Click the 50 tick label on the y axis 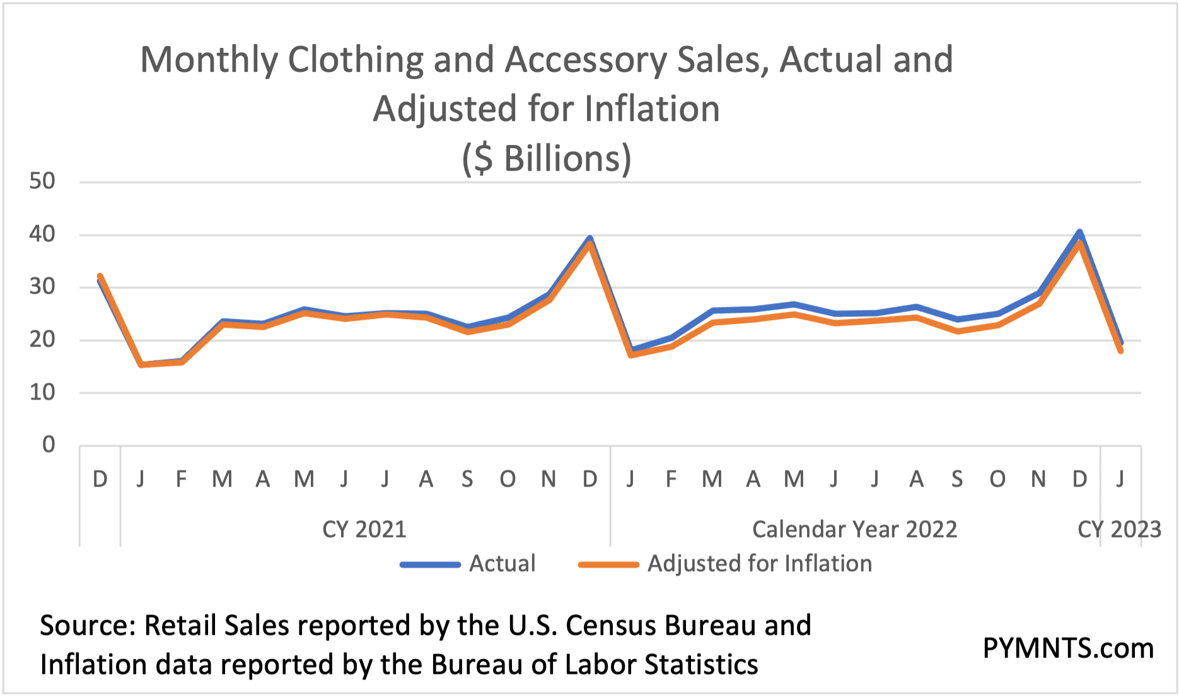[x=42, y=182]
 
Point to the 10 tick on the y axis [x=42, y=393]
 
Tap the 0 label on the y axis [x=49, y=445]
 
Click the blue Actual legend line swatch [x=430, y=564]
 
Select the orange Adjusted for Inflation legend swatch [x=608, y=564]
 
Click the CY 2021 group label [x=364, y=529]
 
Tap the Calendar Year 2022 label [x=854, y=529]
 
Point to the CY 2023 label [x=1119, y=529]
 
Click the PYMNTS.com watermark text [x=1068, y=648]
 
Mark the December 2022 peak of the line [x=1079, y=234]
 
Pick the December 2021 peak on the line [x=589, y=240]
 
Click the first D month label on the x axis [x=100, y=480]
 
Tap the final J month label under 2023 [x=1120, y=480]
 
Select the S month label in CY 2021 [x=467, y=480]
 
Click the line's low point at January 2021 [x=141, y=364]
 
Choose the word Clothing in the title [x=355, y=60]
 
